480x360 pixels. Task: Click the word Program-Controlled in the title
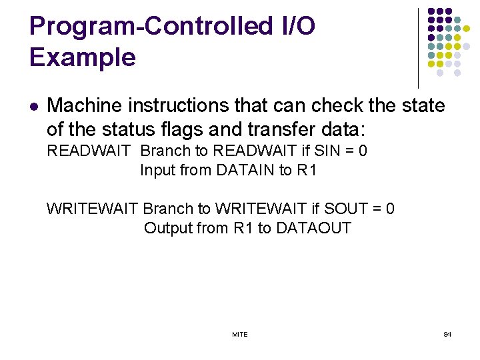(x=148, y=27)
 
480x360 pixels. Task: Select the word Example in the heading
(x=83, y=57)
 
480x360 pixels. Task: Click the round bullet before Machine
(x=34, y=106)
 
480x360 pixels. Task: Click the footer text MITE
(x=240, y=334)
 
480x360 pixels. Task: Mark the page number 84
(x=447, y=334)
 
